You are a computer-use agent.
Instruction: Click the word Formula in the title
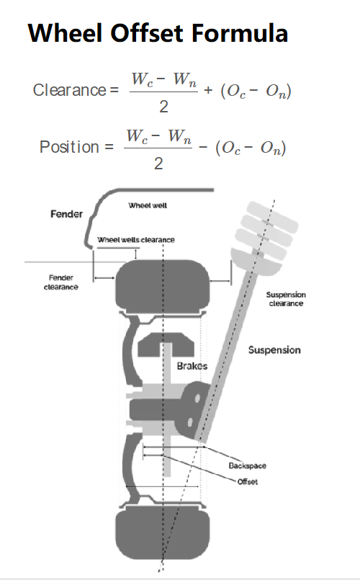[240, 32]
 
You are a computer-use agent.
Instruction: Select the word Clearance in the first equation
[70, 90]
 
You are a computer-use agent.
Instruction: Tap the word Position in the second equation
[69, 147]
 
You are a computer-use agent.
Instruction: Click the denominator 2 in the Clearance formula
[163, 107]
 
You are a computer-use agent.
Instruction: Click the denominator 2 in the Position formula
[158, 164]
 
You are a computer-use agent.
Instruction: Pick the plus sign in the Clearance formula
[208, 90]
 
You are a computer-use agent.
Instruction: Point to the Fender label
[66, 214]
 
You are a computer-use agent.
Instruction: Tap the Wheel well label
[148, 205]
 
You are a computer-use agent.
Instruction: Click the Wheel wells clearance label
[135, 240]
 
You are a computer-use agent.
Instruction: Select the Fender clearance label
[61, 282]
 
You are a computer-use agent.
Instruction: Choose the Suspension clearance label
[286, 299]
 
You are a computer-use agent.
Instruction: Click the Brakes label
[192, 366]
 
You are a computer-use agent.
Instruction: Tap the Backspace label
[247, 465]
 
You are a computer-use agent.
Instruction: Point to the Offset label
[248, 481]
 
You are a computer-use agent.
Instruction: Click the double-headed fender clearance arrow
[104, 278]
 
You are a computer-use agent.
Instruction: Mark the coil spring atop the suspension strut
[267, 230]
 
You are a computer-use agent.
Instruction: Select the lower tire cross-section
[163, 535]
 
